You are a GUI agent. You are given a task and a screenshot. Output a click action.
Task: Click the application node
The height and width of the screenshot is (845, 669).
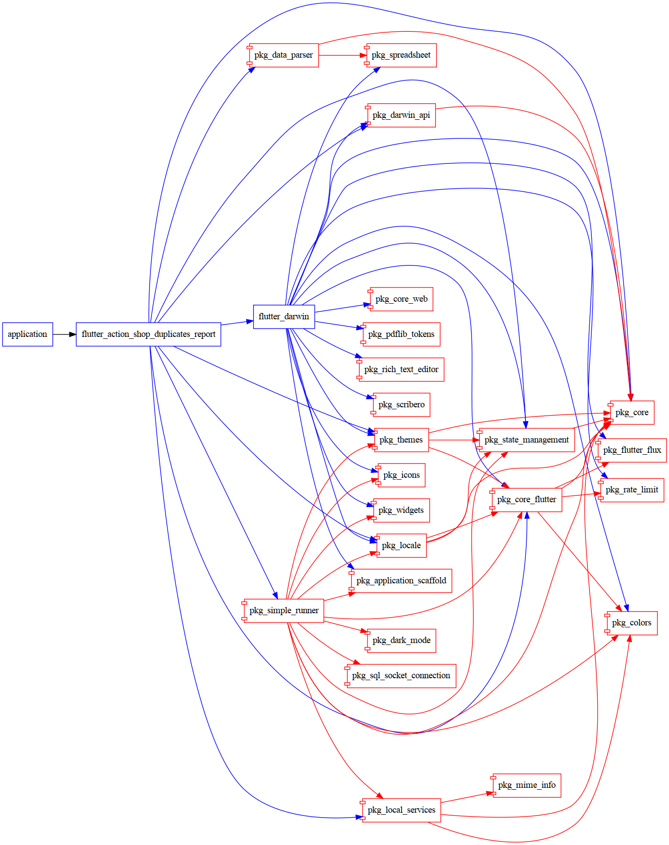point(27,334)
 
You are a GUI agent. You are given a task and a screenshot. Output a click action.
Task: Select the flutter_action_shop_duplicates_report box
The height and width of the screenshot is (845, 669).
point(149,334)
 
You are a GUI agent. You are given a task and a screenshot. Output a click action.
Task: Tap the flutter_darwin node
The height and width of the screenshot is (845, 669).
point(284,317)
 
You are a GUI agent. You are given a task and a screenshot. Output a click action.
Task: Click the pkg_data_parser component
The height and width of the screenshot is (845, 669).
point(283,55)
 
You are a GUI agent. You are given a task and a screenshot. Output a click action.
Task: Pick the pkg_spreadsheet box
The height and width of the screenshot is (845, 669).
point(401,55)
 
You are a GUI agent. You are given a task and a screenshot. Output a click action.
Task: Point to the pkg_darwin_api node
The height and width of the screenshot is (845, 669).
point(401,115)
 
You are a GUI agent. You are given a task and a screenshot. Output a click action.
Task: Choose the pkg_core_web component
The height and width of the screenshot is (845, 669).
point(401,299)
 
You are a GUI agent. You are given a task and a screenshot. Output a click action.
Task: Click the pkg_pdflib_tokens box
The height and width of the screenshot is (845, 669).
point(401,334)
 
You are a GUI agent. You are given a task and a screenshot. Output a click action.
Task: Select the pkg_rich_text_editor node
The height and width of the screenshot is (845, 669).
point(401,370)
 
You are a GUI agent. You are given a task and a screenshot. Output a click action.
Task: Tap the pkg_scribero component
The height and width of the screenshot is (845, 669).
point(401,405)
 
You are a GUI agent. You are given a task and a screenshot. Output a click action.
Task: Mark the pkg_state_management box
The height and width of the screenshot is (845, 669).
point(526,440)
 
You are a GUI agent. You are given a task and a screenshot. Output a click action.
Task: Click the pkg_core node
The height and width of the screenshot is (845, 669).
point(631,413)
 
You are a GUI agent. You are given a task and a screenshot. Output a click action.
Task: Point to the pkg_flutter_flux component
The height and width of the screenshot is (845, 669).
point(632,450)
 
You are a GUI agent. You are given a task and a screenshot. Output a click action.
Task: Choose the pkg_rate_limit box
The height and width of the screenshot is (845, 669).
point(631,490)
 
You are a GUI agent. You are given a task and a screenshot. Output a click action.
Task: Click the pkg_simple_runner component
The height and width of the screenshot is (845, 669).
point(283,611)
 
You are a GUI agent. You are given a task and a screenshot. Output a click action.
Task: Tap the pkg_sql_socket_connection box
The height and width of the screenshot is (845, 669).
point(401,676)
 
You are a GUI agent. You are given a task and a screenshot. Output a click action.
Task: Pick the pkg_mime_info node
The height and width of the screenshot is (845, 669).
point(526,785)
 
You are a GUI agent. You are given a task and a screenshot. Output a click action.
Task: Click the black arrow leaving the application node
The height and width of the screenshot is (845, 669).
point(64,334)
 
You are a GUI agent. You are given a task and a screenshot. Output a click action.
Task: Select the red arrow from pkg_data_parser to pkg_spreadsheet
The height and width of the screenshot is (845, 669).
point(342,55)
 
